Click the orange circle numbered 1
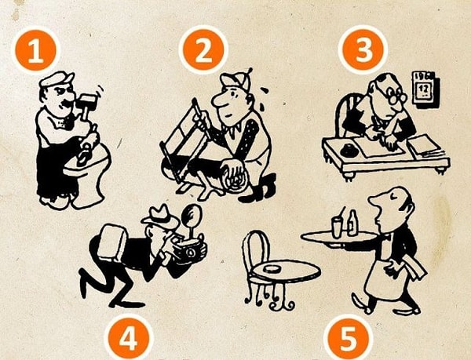coord(36,50)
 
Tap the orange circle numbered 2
coord(203,49)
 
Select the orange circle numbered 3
coord(363,49)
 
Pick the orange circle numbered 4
coord(129,339)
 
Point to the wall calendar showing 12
coord(426,89)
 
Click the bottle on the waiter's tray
coord(352,223)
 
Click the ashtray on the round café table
coord(272,268)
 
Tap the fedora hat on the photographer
coord(160,216)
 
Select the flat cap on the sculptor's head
coord(57,79)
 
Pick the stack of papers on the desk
coord(425,147)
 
